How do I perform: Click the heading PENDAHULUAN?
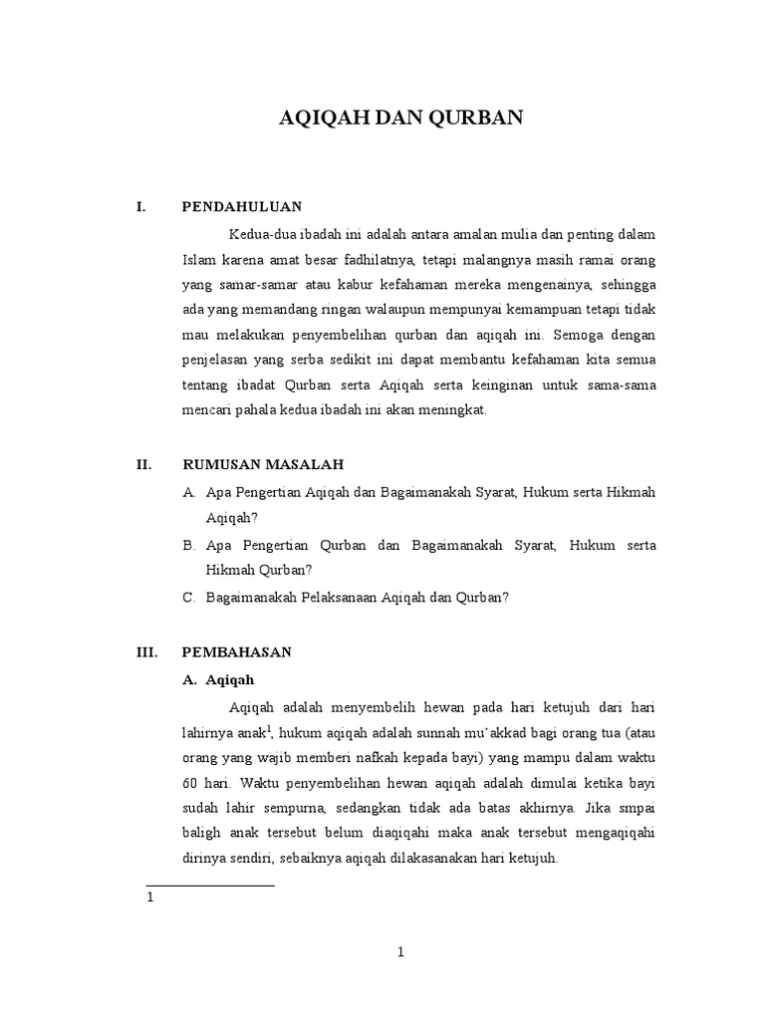coord(241,206)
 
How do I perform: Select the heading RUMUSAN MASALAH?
coord(264,463)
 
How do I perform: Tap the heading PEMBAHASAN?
coord(236,652)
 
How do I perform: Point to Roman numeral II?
coord(141,463)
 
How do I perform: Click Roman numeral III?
coord(145,652)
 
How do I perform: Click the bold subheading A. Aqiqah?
coord(219,680)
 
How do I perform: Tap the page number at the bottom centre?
coord(400,952)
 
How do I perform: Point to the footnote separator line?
coord(210,885)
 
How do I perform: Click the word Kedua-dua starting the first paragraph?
coord(258,235)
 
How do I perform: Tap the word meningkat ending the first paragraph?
coord(454,409)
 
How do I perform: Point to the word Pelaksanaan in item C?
coord(334,597)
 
